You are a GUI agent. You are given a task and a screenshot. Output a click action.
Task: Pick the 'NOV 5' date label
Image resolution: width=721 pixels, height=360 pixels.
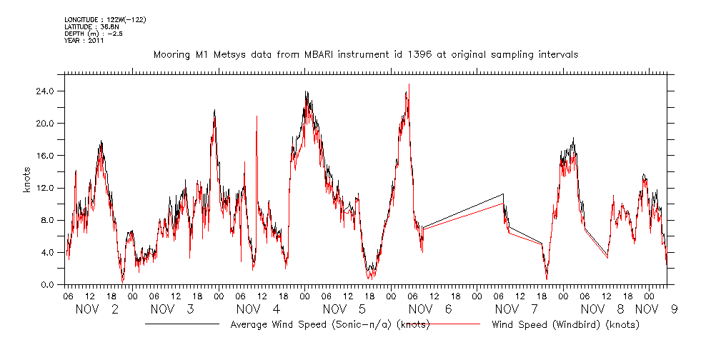344,309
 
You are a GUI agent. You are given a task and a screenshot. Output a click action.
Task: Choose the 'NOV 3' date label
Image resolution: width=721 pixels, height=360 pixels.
172,309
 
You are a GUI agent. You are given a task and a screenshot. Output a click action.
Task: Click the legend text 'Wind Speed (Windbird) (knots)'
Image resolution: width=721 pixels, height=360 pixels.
565,325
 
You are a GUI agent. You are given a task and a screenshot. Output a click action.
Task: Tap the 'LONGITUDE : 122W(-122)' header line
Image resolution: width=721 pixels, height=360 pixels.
105,19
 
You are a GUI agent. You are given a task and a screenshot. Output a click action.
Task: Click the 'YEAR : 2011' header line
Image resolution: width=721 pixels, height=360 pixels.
84,40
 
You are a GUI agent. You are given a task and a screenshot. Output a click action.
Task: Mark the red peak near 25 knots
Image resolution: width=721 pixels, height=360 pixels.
409,84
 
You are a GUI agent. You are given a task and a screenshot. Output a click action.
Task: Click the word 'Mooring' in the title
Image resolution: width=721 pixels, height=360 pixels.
173,54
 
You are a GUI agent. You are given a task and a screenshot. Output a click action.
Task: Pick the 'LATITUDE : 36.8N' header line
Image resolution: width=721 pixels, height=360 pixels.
91,26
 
